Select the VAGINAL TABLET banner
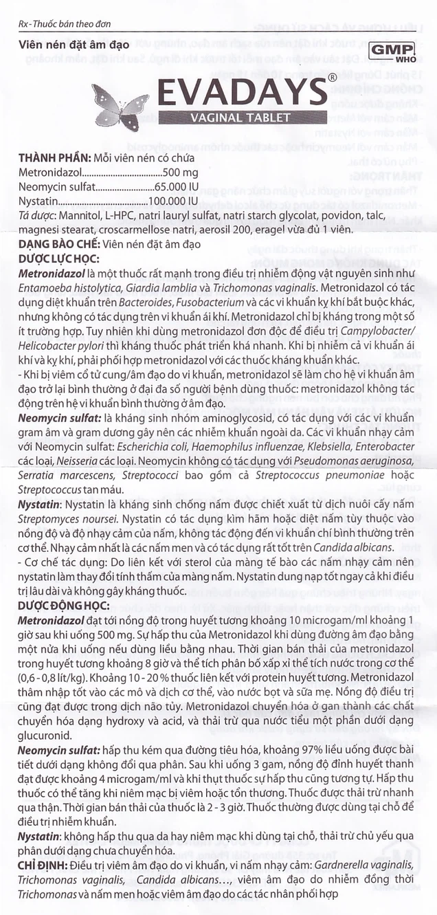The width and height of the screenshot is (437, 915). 240,118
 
